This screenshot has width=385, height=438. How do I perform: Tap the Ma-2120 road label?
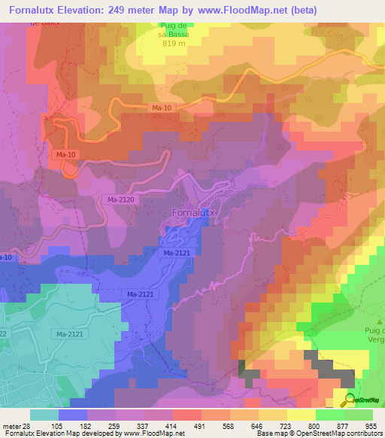coord(120,199)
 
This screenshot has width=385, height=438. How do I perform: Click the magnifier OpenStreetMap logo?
coord(350,400)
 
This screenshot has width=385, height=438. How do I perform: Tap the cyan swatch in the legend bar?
coord(44,415)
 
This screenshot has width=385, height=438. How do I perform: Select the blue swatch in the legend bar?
coord(73,415)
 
